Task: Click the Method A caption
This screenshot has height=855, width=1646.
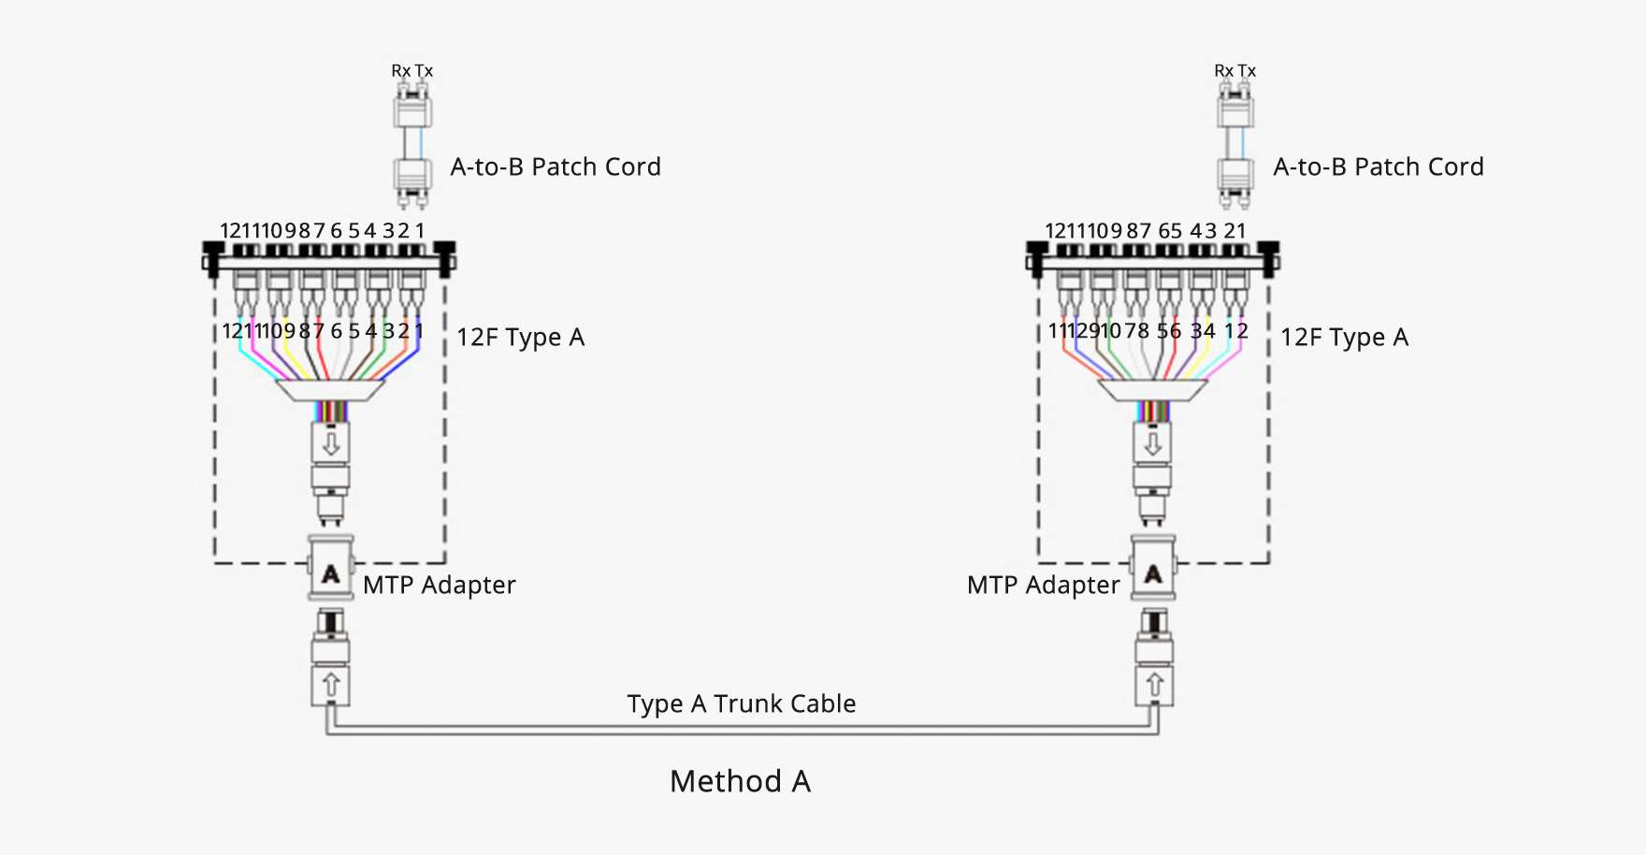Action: coord(740,781)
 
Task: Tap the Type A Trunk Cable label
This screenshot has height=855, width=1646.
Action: coord(741,703)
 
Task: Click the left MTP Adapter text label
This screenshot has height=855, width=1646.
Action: coord(439,586)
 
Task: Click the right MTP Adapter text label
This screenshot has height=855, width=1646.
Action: coord(1043,586)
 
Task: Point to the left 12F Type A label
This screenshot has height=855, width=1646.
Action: coord(520,337)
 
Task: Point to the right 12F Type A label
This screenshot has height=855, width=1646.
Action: coord(1344,337)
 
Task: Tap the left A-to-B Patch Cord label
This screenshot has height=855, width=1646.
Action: coord(556,167)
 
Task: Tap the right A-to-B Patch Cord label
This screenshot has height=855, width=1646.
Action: coord(1379,167)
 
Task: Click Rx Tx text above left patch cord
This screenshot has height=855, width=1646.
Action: coord(411,71)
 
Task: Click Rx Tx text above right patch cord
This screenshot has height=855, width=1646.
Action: coord(1234,71)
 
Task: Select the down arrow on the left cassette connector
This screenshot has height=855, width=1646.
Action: coord(330,442)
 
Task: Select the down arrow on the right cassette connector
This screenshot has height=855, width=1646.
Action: coord(1153,442)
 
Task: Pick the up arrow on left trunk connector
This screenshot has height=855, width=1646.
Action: coord(330,685)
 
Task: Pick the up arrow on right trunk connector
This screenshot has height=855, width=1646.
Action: coord(1154,685)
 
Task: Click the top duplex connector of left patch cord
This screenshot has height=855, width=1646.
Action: coord(411,109)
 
